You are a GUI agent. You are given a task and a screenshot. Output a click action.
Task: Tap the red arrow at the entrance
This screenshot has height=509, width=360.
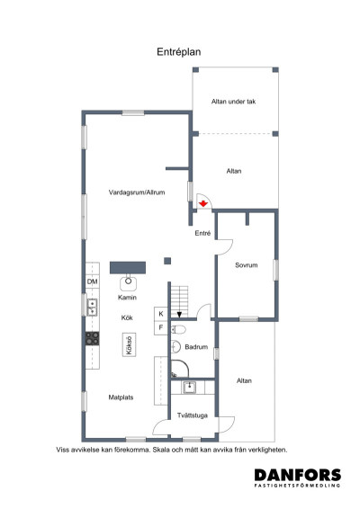tap(204, 205)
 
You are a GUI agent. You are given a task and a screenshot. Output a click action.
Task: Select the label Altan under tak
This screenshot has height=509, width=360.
tap(234, 102)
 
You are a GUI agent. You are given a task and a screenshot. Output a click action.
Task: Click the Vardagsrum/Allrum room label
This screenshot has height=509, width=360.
tap(135, 192)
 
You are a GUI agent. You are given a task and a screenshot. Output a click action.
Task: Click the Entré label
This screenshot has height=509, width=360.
tap(203, 233)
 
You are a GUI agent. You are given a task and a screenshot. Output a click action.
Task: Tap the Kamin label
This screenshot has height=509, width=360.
tap(127, 296)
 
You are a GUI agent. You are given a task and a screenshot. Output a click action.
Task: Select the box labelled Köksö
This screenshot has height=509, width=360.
tap(130, 346)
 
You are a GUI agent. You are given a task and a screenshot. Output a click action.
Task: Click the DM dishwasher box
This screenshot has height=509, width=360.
tap(92, 282)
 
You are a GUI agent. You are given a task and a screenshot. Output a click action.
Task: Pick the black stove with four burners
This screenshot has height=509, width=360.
tap(92, 338)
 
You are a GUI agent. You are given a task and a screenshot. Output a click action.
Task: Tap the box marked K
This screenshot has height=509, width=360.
tap(161, 314)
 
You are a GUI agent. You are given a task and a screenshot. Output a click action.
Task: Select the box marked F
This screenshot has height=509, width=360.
tap(161, 327)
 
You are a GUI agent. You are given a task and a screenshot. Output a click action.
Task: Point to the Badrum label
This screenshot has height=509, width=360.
tap(199, 346)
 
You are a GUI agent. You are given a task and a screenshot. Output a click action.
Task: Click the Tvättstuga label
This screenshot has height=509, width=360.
tap(193, 415)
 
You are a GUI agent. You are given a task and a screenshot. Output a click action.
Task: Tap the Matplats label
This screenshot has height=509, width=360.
tap(121, 396)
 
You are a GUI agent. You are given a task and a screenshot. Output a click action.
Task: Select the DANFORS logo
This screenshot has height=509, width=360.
tap(296, 478)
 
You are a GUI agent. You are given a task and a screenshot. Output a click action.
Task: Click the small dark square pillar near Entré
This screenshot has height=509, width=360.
tap(167, 261)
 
